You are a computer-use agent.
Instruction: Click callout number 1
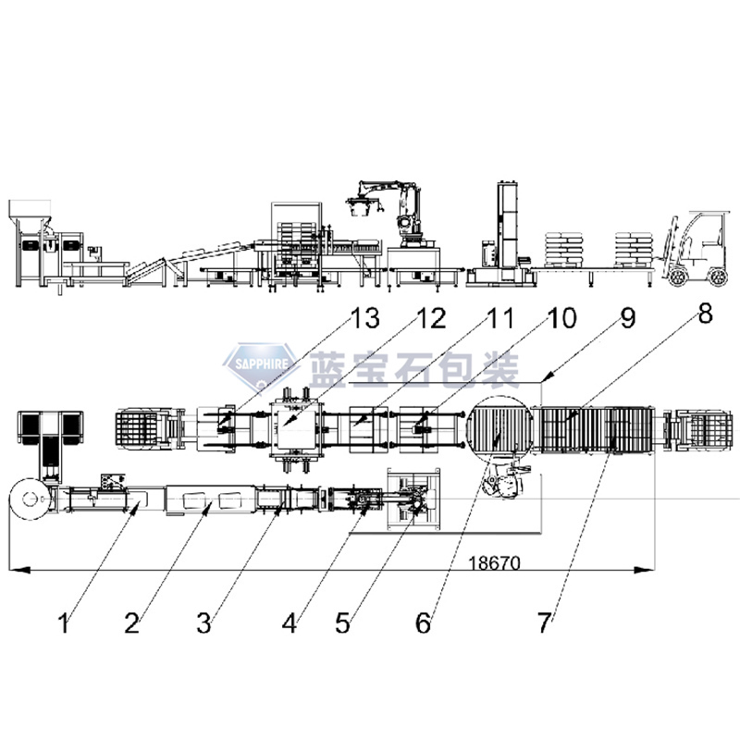click(x=64, y=624)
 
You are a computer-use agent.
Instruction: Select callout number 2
click(x=131, y=623)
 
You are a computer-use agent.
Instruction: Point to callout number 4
click(x=290, y=623)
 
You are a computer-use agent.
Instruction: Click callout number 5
click(x=343, y=623)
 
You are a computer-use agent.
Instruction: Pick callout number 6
click(x=423, y=623)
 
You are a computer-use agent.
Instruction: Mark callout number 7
click(x=545, y=618)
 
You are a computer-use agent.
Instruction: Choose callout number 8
click(x=705, y=314)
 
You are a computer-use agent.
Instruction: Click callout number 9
click(x=628, y=320)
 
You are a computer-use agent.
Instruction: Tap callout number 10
click(x=561, y=320)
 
